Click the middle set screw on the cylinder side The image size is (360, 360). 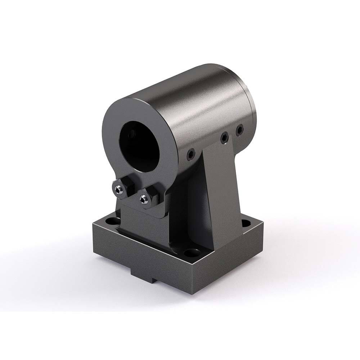point(225,137)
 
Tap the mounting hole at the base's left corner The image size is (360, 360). point(112,220)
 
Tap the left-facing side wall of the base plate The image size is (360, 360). point(140,252)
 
